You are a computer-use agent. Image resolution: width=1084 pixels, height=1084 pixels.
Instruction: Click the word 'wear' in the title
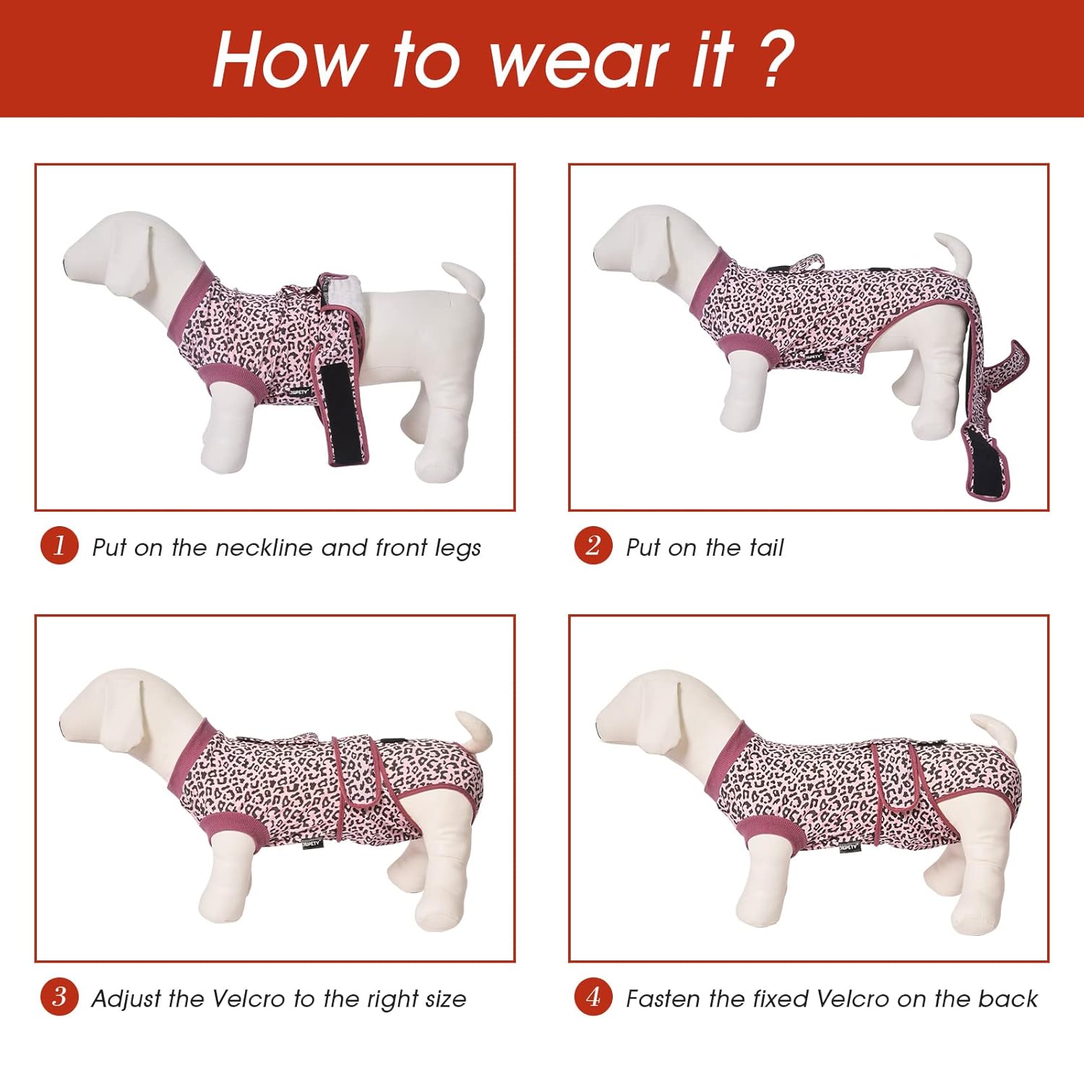(x=578, y=61)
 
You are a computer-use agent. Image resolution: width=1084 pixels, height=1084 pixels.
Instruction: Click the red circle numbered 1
(x=59, y=546)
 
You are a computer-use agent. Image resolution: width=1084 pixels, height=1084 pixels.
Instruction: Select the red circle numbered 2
(x=593, y=546)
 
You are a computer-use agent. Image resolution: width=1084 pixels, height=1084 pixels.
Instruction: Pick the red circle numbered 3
(x=59, y=997)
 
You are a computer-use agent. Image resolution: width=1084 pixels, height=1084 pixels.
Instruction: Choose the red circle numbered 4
(x=593, y=997)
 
